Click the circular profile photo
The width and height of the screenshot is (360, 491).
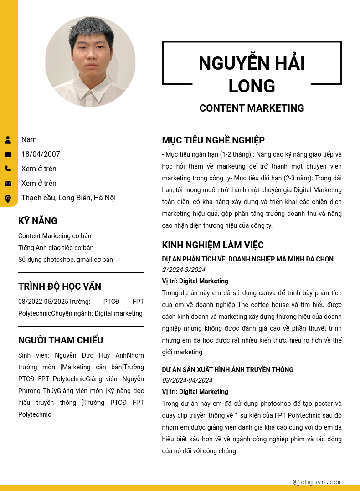point(90,61)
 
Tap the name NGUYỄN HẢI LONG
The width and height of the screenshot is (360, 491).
point(252,74)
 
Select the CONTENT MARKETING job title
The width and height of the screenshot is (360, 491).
point(252,108)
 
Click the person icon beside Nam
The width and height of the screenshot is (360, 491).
point(8,140)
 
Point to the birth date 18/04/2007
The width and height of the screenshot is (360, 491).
point(41,154)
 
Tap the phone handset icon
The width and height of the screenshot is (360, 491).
point(8,169)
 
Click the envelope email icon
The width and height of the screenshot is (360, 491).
point(8,184)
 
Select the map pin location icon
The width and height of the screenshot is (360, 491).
point(8,199)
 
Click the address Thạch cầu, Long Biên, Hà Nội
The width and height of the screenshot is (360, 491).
point(68,198)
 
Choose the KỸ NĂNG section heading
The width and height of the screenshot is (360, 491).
point(38,221)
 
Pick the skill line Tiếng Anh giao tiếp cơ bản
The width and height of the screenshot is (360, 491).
point(56,248)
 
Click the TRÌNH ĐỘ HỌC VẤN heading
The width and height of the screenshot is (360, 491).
point(60,286)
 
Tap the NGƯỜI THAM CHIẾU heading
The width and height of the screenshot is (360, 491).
point(61,340)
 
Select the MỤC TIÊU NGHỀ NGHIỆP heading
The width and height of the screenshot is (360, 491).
point(213,140)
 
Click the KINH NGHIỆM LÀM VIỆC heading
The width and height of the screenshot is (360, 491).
point(213,245)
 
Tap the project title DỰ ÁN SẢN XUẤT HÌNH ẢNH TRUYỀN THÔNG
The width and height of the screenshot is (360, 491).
point(228,370)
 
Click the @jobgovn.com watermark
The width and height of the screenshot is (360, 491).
point(317,482)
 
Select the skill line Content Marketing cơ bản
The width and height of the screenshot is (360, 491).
point(55,236)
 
